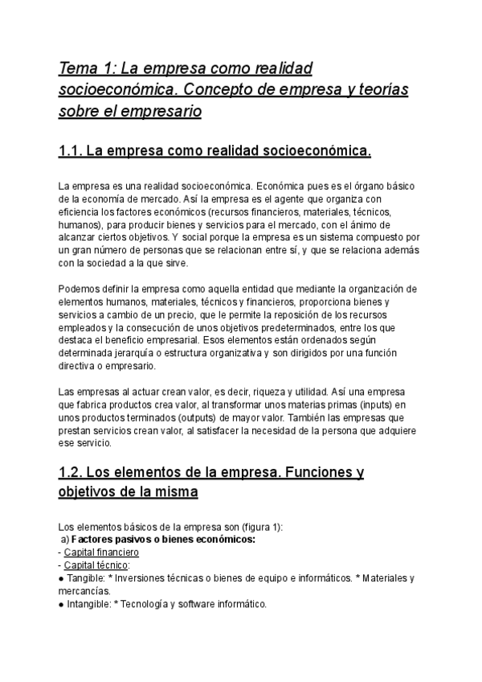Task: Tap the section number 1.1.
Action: (x=70, y=150)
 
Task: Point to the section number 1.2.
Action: (x=70, y=472)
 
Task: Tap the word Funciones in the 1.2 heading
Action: (x=309, y=472)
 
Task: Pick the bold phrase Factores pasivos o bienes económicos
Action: (x=162, y=540)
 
